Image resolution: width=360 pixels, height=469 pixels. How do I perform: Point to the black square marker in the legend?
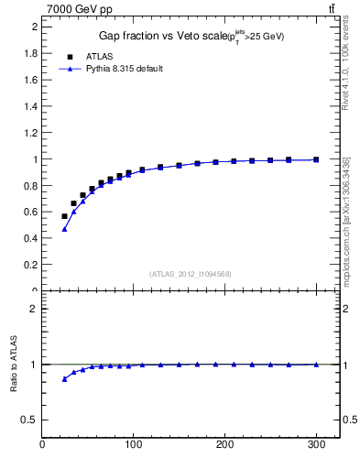69,56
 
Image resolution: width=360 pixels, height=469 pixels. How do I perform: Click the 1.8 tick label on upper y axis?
29,53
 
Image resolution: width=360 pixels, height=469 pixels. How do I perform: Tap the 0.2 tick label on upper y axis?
29,265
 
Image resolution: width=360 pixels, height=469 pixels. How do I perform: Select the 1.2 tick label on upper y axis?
29,133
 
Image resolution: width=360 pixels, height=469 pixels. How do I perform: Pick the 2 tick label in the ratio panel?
33,309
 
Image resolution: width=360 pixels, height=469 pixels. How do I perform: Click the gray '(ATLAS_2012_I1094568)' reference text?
191,273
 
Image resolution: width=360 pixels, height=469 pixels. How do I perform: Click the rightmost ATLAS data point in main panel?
316,159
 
